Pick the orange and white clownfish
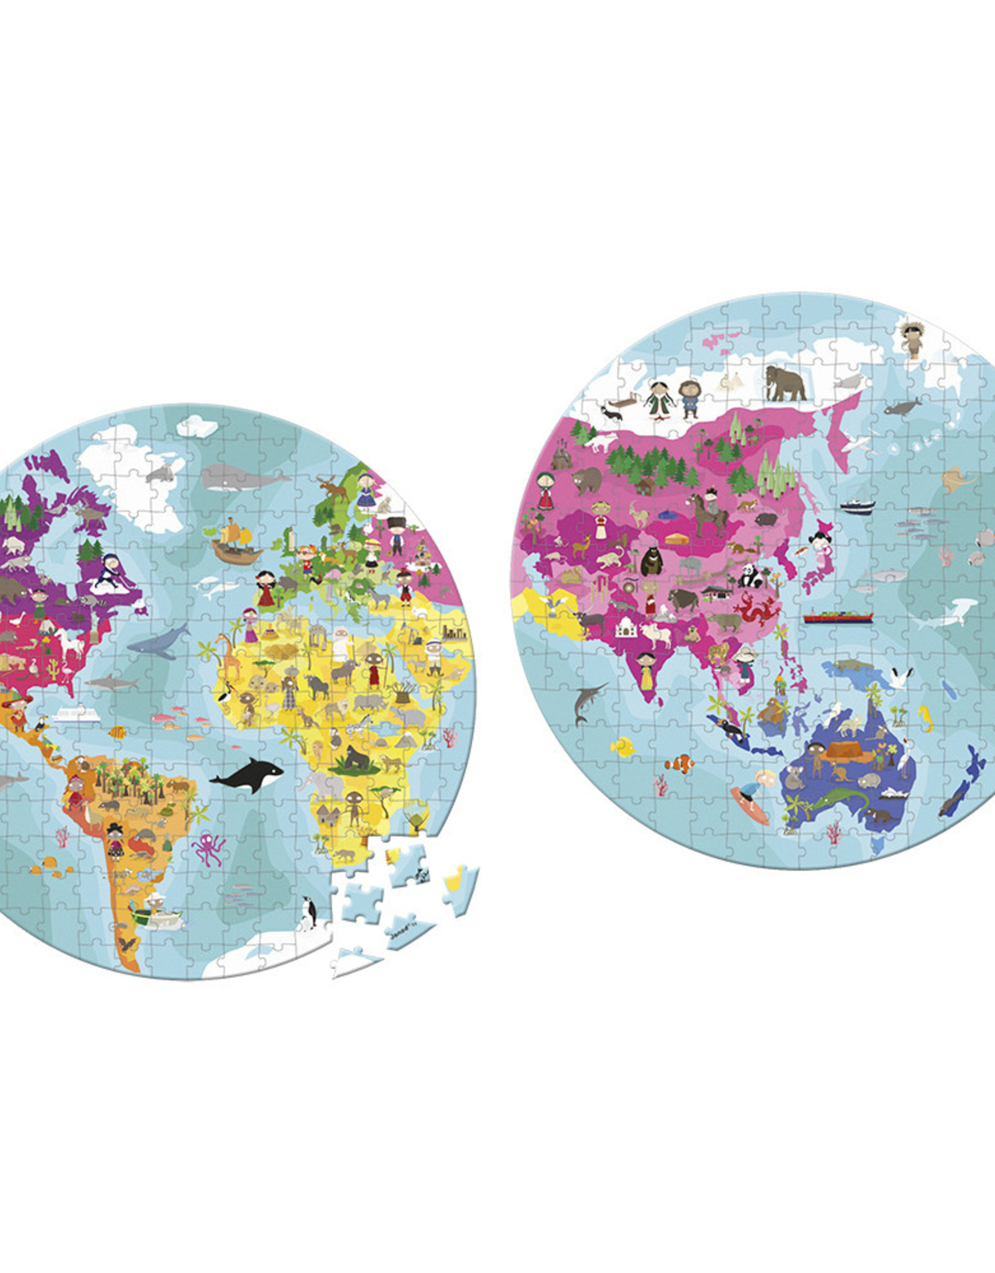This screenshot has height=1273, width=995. click(679, 763)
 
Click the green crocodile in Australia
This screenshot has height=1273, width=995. click(840, 798)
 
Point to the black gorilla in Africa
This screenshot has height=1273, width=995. click(358, 759)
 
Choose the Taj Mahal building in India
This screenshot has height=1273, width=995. click(626, 628)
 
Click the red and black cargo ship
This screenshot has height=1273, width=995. click(837, 617)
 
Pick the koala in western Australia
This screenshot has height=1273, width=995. click(794, 777)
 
